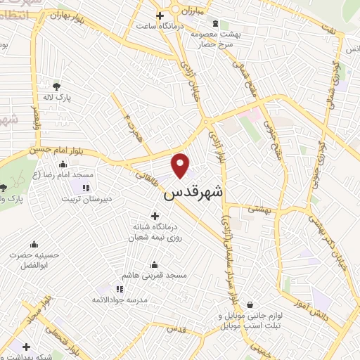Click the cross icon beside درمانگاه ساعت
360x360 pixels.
click(x=160, y=14)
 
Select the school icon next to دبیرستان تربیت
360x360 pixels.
click(x=86, y=188)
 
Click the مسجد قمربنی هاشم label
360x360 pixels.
click(x=155, y=276)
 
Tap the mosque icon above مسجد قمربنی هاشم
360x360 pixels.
click(x=155, y=264)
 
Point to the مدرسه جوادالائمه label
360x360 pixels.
click(x=113, y=300)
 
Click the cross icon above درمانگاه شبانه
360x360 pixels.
click(x=155, y=216)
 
